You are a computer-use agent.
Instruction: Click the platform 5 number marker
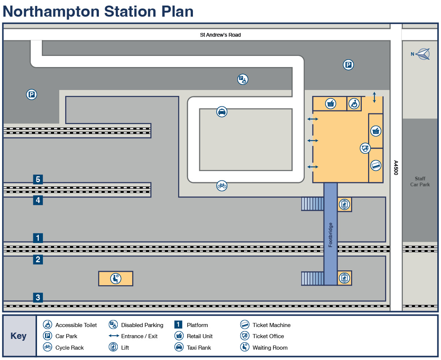pos(38,179)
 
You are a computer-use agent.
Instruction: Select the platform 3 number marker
pos(38,297)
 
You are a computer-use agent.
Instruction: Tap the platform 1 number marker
pos(38,238)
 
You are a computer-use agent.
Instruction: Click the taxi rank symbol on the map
pos(222,112)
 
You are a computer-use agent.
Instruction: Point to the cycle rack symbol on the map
pos(222,186)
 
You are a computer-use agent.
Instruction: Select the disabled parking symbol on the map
pos(243,79)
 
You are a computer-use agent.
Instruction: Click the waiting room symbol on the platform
pos(116,279)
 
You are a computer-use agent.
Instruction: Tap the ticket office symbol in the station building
pos(365,148)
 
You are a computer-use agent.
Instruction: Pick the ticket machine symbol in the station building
pos(376,166)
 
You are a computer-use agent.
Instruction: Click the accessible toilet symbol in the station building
pos(354,104)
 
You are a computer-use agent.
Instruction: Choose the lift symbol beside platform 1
pos(344,204)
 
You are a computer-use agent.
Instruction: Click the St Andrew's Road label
pos(220,35)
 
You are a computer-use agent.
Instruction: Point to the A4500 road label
pos(396,168)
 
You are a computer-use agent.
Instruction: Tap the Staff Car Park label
pos(420,182)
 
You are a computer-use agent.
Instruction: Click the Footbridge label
pos(330,235)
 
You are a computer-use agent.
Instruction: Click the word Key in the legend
pos(19,336)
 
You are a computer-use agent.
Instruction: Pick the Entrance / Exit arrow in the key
pos(114,336)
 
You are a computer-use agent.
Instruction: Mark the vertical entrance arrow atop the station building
pos(374,97)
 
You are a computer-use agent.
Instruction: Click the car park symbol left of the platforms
pos(31,94)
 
